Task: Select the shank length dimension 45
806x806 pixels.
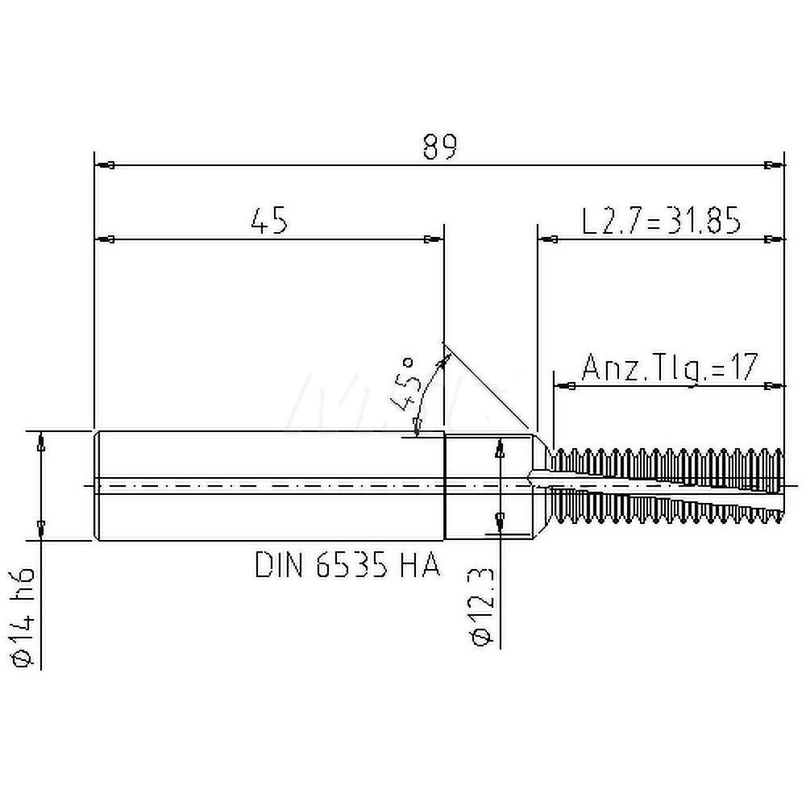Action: (268, 220)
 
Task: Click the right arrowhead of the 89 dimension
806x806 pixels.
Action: (771, 166)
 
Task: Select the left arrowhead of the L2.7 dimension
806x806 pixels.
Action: (550, 239)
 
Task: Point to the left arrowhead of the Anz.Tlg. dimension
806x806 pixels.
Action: (566, 387)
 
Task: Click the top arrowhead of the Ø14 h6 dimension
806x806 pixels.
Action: (41, 441)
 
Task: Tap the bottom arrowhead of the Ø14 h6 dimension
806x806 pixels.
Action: (41, 528)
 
